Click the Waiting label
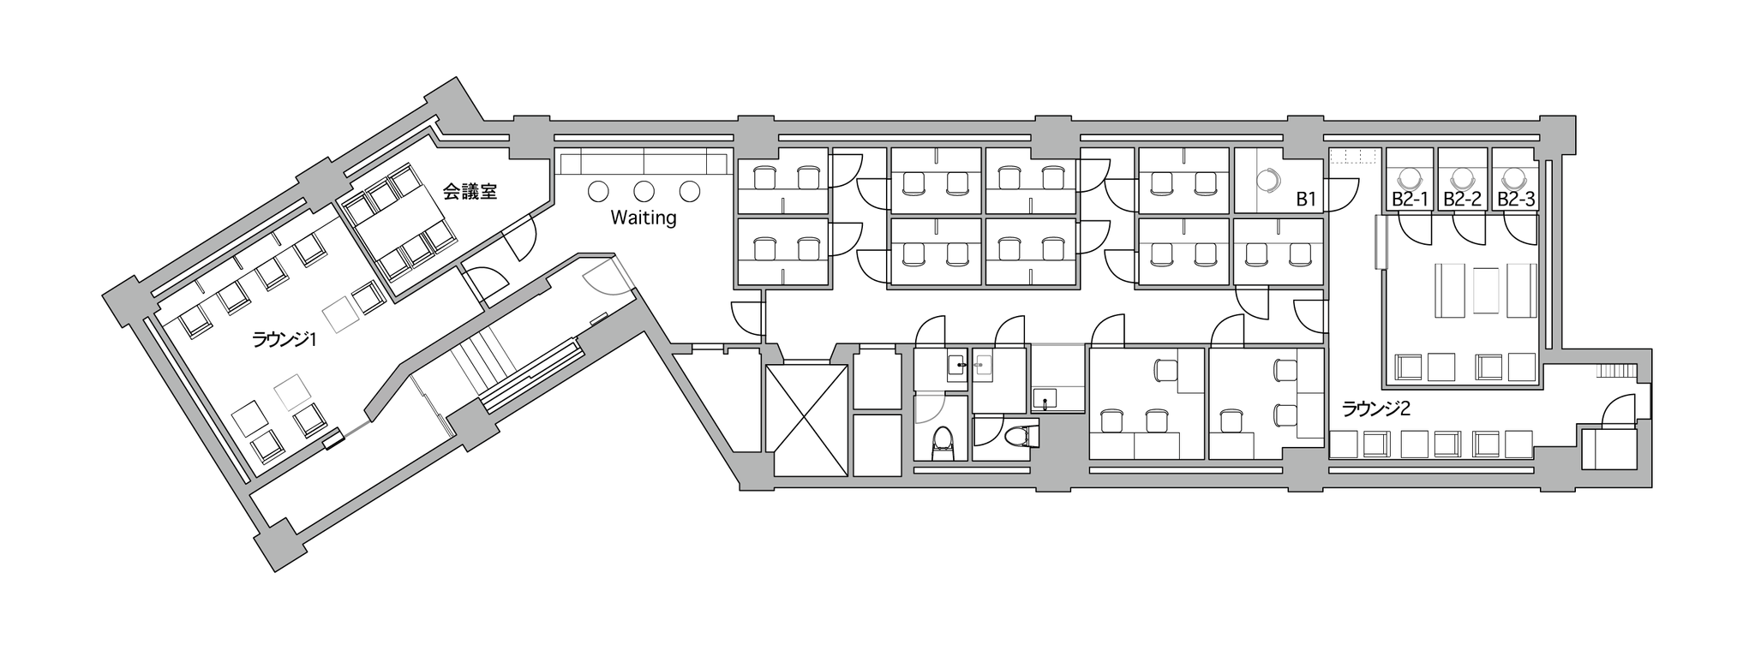point(643,218)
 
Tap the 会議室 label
point(470,192)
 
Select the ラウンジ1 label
point(285,340)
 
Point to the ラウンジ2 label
point(1375,409)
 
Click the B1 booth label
point(1306,200)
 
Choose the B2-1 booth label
point(1410,200)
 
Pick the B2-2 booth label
point(1462,200)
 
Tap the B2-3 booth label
point(1515,200)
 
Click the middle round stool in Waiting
point(644,191)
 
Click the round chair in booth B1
point(1267,180)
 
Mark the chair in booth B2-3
point(1513,178)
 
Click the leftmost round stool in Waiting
point(599,191)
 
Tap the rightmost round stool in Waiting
point(690,191)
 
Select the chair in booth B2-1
point(1408,178)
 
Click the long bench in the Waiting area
point(644,164)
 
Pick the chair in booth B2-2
point(1460,178)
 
